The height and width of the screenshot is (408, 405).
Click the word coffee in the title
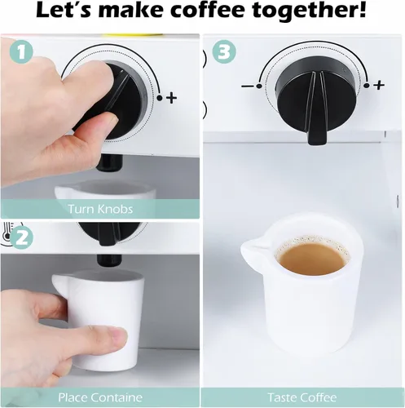210,10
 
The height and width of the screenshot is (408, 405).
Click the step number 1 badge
21,52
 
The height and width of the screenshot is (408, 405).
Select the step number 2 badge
21,237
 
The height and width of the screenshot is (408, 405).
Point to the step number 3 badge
224,52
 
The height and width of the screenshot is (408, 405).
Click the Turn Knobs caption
100,209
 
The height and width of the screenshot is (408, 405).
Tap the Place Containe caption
100,397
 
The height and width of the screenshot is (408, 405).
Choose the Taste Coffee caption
302,397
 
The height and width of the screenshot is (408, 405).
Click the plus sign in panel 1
171,98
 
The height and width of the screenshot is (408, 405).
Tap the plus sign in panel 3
379,85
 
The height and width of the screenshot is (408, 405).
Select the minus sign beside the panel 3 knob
247,86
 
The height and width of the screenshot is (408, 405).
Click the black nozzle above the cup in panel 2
109,260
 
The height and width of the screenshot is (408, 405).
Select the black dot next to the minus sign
259,86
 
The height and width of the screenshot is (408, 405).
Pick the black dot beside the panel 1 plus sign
160,98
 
